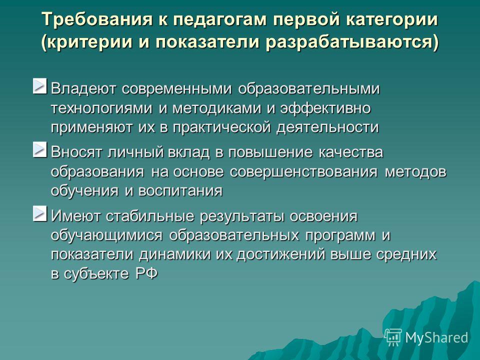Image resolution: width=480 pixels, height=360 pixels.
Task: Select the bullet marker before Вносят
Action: pos(40,149)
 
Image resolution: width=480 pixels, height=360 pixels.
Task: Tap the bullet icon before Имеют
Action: pos(40,213)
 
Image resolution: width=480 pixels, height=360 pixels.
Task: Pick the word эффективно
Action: pos(325,109)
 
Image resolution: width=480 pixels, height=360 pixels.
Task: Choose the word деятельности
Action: pos(328,128)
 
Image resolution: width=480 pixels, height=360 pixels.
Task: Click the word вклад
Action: pos(189,152)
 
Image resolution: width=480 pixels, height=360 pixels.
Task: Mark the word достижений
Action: pos(280,255)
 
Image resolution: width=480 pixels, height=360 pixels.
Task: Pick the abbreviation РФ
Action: pos(146,273)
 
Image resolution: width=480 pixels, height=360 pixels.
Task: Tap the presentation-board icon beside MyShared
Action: pos(393,337)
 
